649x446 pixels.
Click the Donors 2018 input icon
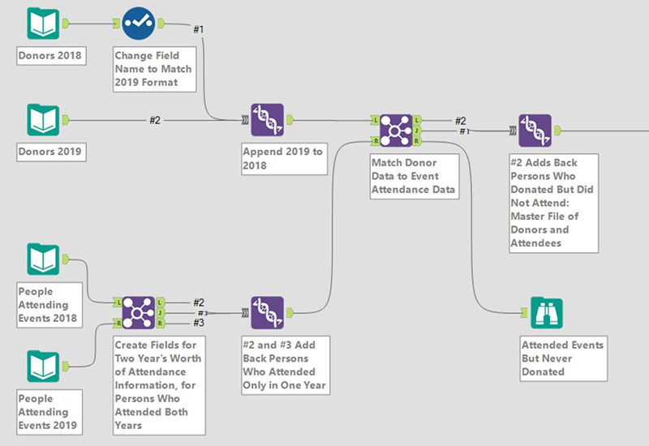pos(43,24)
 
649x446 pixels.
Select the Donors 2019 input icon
pos(43,119)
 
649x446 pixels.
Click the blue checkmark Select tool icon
pos(140,24)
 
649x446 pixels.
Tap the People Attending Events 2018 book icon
pos(43,259)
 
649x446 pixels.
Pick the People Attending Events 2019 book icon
pos(43,366)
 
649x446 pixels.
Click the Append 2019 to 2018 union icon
pos(268,119)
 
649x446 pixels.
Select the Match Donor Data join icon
pos(397,130)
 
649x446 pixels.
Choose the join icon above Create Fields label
pos(138,312)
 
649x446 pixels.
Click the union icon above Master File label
pos(535,130)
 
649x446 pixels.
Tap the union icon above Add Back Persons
pos(268,312)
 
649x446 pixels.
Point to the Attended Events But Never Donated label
pos(562,358)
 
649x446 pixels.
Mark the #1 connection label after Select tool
pos(198,29)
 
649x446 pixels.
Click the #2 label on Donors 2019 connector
pos(155,120)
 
